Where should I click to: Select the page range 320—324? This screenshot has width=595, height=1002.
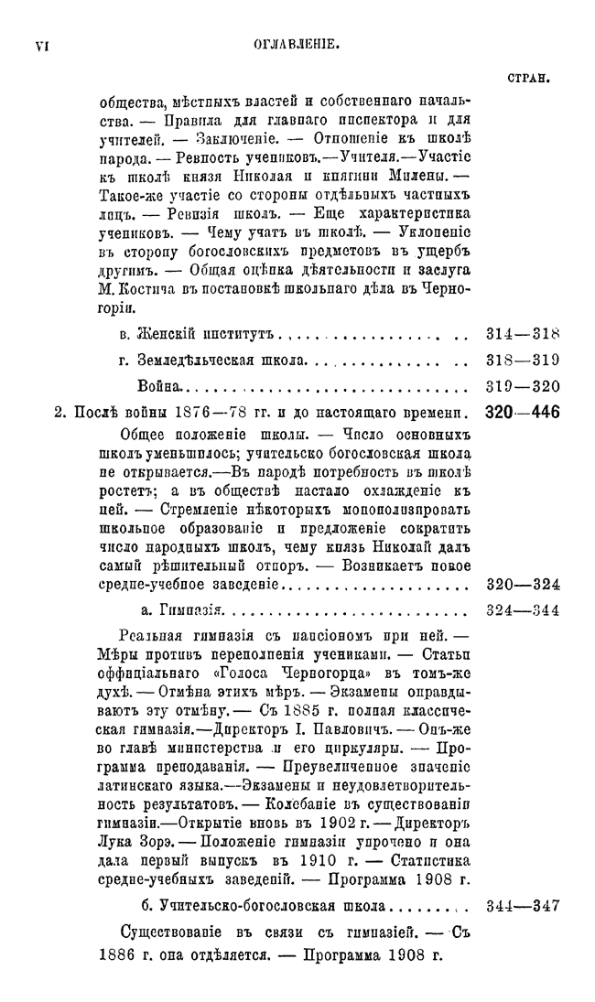(x=522, y=584)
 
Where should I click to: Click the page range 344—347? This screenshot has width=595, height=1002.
(x=522, y=907)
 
